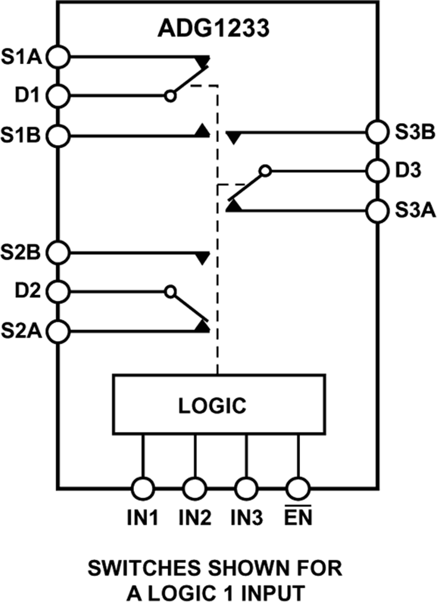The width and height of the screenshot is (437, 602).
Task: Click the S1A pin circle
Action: pos(59,57)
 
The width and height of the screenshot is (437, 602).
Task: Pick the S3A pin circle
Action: pos(377,210)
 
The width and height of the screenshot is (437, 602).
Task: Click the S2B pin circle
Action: pos(59,252)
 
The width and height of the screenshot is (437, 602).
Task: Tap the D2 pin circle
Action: pos(59,292)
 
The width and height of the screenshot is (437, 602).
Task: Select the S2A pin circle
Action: pos(59,331)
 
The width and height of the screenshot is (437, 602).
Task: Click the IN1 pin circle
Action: pos(143,487)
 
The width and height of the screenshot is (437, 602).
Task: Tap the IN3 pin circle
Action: pos(246,487)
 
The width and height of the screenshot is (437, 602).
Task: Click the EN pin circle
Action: pos(298,487)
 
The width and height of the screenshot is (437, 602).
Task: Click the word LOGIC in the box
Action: pos(212,406)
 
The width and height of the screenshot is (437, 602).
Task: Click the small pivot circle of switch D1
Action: pos(169,96)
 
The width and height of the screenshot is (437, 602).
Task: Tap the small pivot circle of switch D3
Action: pos(265,171)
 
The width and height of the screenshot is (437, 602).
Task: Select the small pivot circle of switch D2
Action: pos(169,292)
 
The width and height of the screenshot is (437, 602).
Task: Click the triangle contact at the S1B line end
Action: pos(202,130)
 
